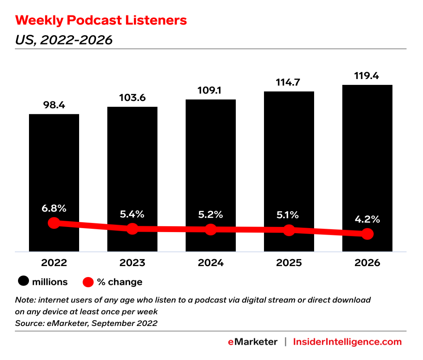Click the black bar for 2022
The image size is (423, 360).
[x=54, y=164]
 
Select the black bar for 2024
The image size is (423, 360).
[x=211, y=157]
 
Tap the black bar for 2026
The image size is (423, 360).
[x=367, y=149]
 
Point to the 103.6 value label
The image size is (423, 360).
[x=132, y=97]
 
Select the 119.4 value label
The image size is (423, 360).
[x=367, y=76]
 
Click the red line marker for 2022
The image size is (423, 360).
[x=54, y=223]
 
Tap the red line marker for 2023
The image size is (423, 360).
[x=132, y=229]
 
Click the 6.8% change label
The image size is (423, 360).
[x=54, y=209]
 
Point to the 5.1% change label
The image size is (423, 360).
[x=289, y=215]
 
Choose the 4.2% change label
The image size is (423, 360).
[x=367, y=220]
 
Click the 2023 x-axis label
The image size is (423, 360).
[x=132, y=263]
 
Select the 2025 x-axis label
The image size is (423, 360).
[x=289, y=263]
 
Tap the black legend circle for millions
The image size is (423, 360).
[x=23, y=282]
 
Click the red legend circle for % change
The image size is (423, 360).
[x=89, y=282]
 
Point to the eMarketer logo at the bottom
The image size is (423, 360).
[x=253, y=342]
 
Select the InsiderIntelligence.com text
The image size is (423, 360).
[x=348, y=342]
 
